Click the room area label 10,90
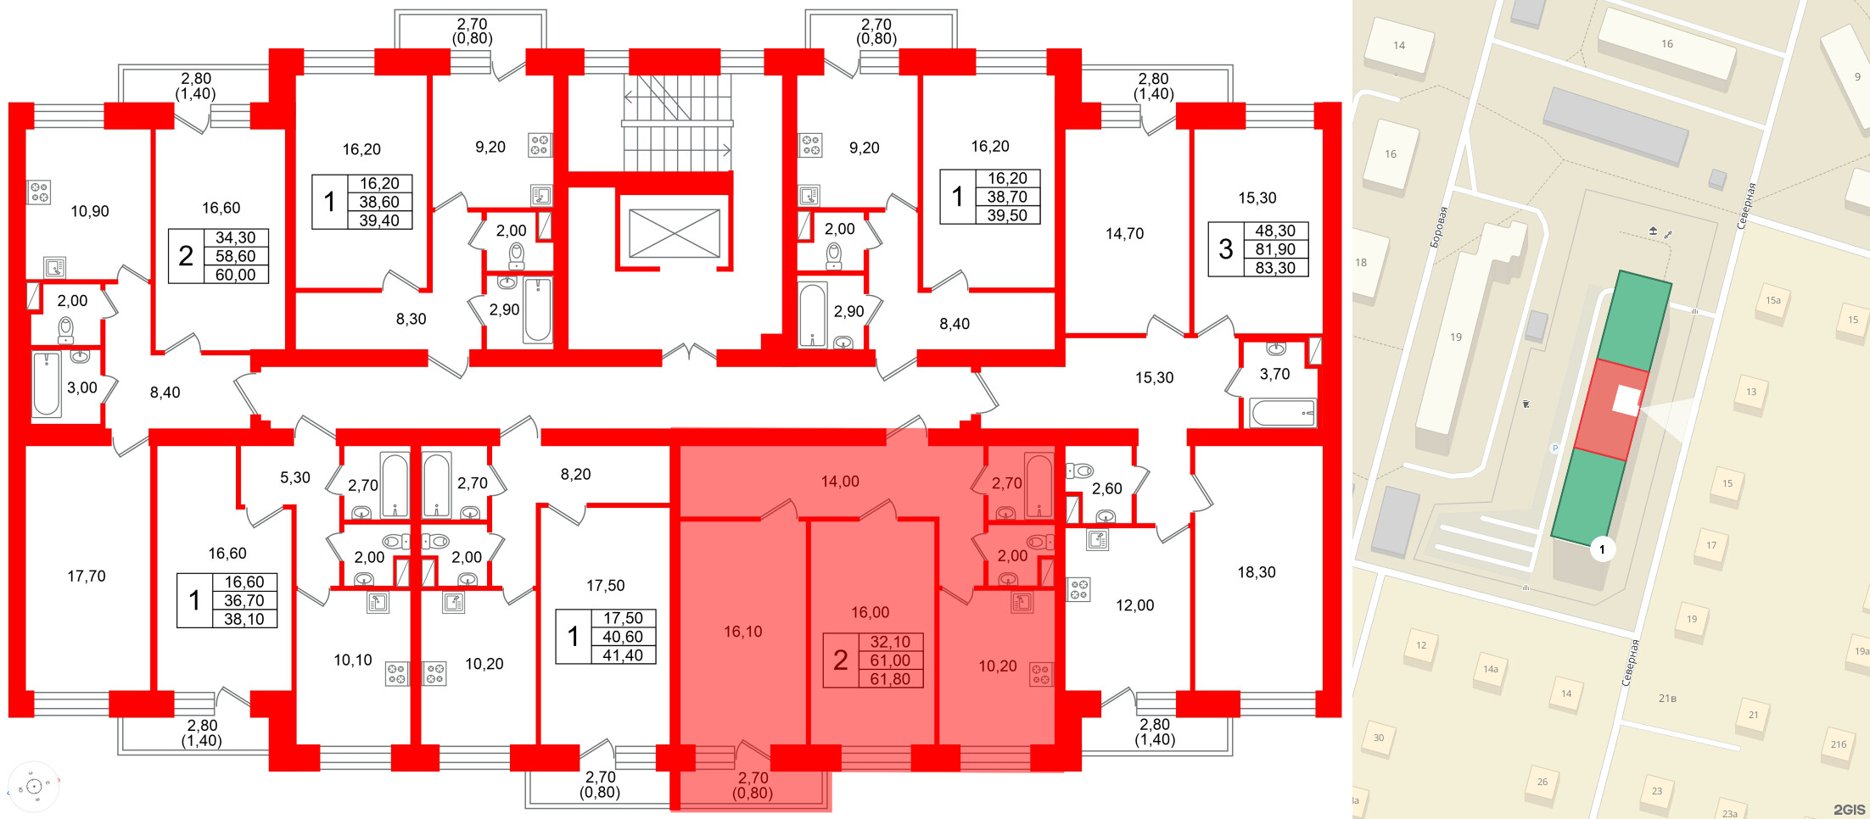[90, 211]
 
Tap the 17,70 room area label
[87, 577]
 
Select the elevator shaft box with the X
[675, 233]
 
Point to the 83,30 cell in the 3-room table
[1275, 268]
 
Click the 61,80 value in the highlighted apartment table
[890, 679]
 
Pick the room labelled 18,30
[1257, 572]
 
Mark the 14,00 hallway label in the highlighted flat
[840, 482]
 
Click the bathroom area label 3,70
[1274, 374]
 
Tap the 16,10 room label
[743, 632]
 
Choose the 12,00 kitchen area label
[1135, 605]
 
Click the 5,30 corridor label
[295, 477]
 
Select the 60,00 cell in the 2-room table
[235, 275]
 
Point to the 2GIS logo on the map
[1850, 809]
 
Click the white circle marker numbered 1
[1602, 549]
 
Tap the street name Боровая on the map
[1438, 226]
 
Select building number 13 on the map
[1751, 392]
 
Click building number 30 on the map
[1379, 738]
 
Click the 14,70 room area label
[1125, 233]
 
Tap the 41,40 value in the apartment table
[623, 655]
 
